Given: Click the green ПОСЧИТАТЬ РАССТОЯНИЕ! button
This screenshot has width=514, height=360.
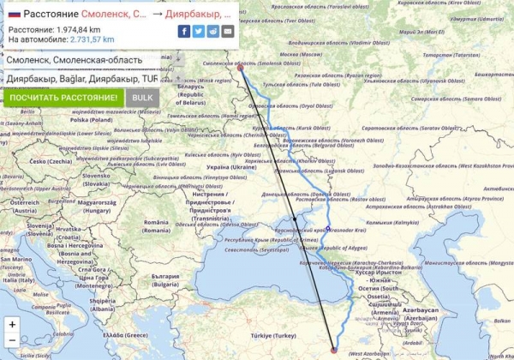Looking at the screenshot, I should pos(63,98).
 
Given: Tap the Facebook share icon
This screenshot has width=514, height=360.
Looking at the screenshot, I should pos(184,31).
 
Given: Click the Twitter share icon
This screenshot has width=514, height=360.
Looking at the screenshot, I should pos(199,31).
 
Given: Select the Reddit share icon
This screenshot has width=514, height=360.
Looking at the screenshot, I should pos(212,31).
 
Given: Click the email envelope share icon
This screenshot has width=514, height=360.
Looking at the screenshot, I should pos(227,31).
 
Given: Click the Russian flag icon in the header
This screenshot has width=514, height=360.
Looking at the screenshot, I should pos(14,14).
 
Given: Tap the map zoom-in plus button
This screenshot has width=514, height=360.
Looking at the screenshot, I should pos(12,325).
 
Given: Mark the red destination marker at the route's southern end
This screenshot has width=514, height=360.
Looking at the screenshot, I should pos(333,349).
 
